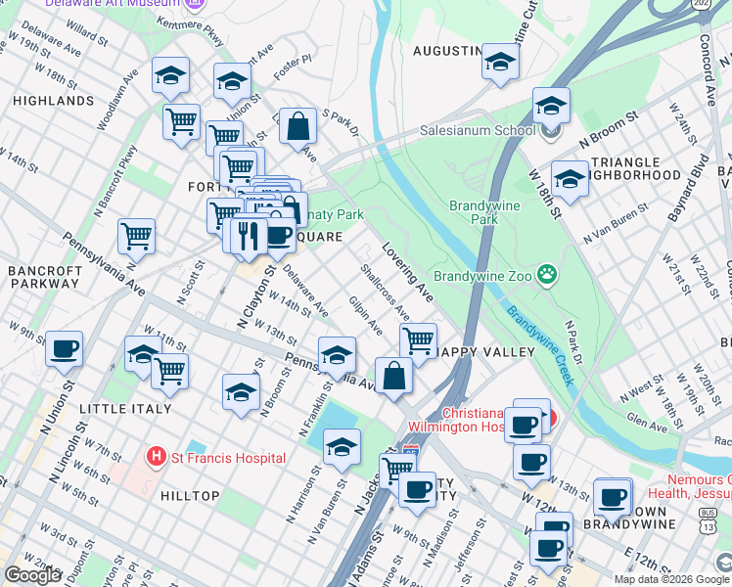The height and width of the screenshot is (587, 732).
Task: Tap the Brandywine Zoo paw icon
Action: (x=547, y=277)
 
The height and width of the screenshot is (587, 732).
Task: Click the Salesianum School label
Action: (x=477, y=130)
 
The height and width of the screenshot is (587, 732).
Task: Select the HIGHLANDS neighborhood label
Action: (x=53, y=101)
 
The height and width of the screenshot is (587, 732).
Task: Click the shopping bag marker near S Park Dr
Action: (x=297, y=125)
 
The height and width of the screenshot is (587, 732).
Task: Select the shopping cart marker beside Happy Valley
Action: (x=418, y=339)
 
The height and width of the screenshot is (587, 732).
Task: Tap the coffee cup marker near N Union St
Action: (x=65, y=347)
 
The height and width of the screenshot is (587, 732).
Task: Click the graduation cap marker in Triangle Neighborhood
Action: (x=570, y=178)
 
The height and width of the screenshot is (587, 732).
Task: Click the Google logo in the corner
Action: (x=32, y=575)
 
